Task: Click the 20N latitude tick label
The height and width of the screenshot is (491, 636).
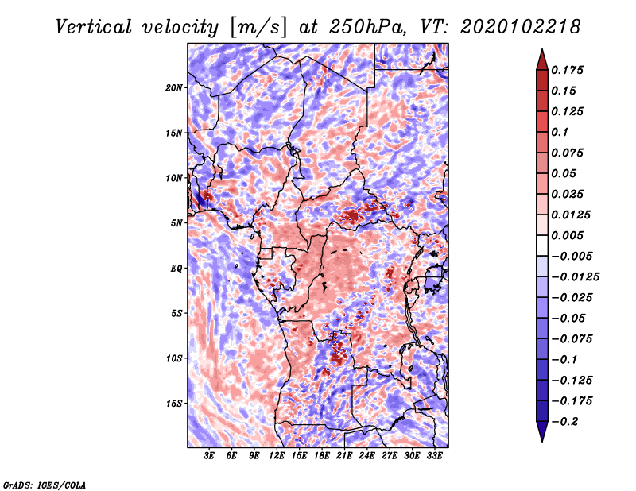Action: pos(174,88)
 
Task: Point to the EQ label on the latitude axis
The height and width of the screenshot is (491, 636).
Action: pos(176,269)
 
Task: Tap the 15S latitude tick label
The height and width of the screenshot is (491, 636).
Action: pos(174,404)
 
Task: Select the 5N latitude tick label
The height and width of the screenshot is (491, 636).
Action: pos(176,223)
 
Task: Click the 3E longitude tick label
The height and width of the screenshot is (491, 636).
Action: pos(209,456)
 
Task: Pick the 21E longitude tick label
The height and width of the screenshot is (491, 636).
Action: pos(344,456)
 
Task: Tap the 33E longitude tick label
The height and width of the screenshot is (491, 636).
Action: pos(434,456)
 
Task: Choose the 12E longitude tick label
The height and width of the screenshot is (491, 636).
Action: pos(277,456)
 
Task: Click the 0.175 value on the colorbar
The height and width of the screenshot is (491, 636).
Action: pos(567,70)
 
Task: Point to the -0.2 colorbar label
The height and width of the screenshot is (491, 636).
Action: pos(565,422)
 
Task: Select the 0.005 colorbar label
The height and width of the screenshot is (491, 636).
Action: pos(567,235)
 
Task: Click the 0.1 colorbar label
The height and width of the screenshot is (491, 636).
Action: pos(560,132)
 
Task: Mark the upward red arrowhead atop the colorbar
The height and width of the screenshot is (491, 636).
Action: pos(542,60)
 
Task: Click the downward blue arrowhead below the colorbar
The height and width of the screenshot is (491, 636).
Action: pos(542,431)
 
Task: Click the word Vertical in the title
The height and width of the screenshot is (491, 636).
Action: pos(94,27)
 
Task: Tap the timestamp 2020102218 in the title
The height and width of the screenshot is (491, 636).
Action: pos(521,27)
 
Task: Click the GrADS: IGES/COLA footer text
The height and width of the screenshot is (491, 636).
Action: pos(45,485)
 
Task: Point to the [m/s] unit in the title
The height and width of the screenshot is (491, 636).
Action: pos(258,28)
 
